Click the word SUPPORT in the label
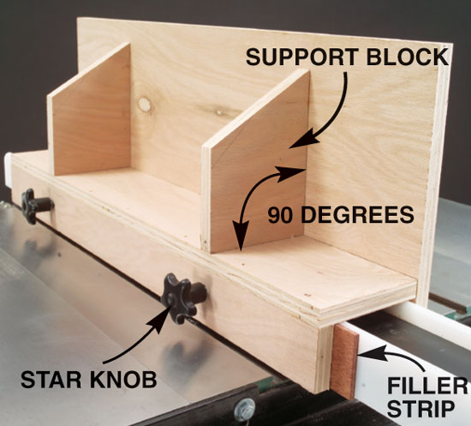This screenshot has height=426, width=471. coord(302,57)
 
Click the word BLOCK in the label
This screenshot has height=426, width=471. coord(408,57)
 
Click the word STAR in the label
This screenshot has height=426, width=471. coord(51,380)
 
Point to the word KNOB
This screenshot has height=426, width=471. coord(123,380)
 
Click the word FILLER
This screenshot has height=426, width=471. coord(427,386)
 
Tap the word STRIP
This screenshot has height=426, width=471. coord(423,408)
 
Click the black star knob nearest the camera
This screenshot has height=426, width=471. coord(183,297)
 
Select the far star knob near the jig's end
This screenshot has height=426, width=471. coord(36,206)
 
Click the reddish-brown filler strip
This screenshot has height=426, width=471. coord(344,361)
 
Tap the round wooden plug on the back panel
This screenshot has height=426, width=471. coord(144,105)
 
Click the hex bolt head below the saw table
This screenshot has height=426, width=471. coord(245,410)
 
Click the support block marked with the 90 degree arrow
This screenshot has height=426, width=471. coord(255,162)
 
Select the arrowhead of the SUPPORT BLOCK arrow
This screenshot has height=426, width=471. coord(303,139)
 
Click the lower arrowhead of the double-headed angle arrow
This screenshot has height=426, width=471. coord(241,236)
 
